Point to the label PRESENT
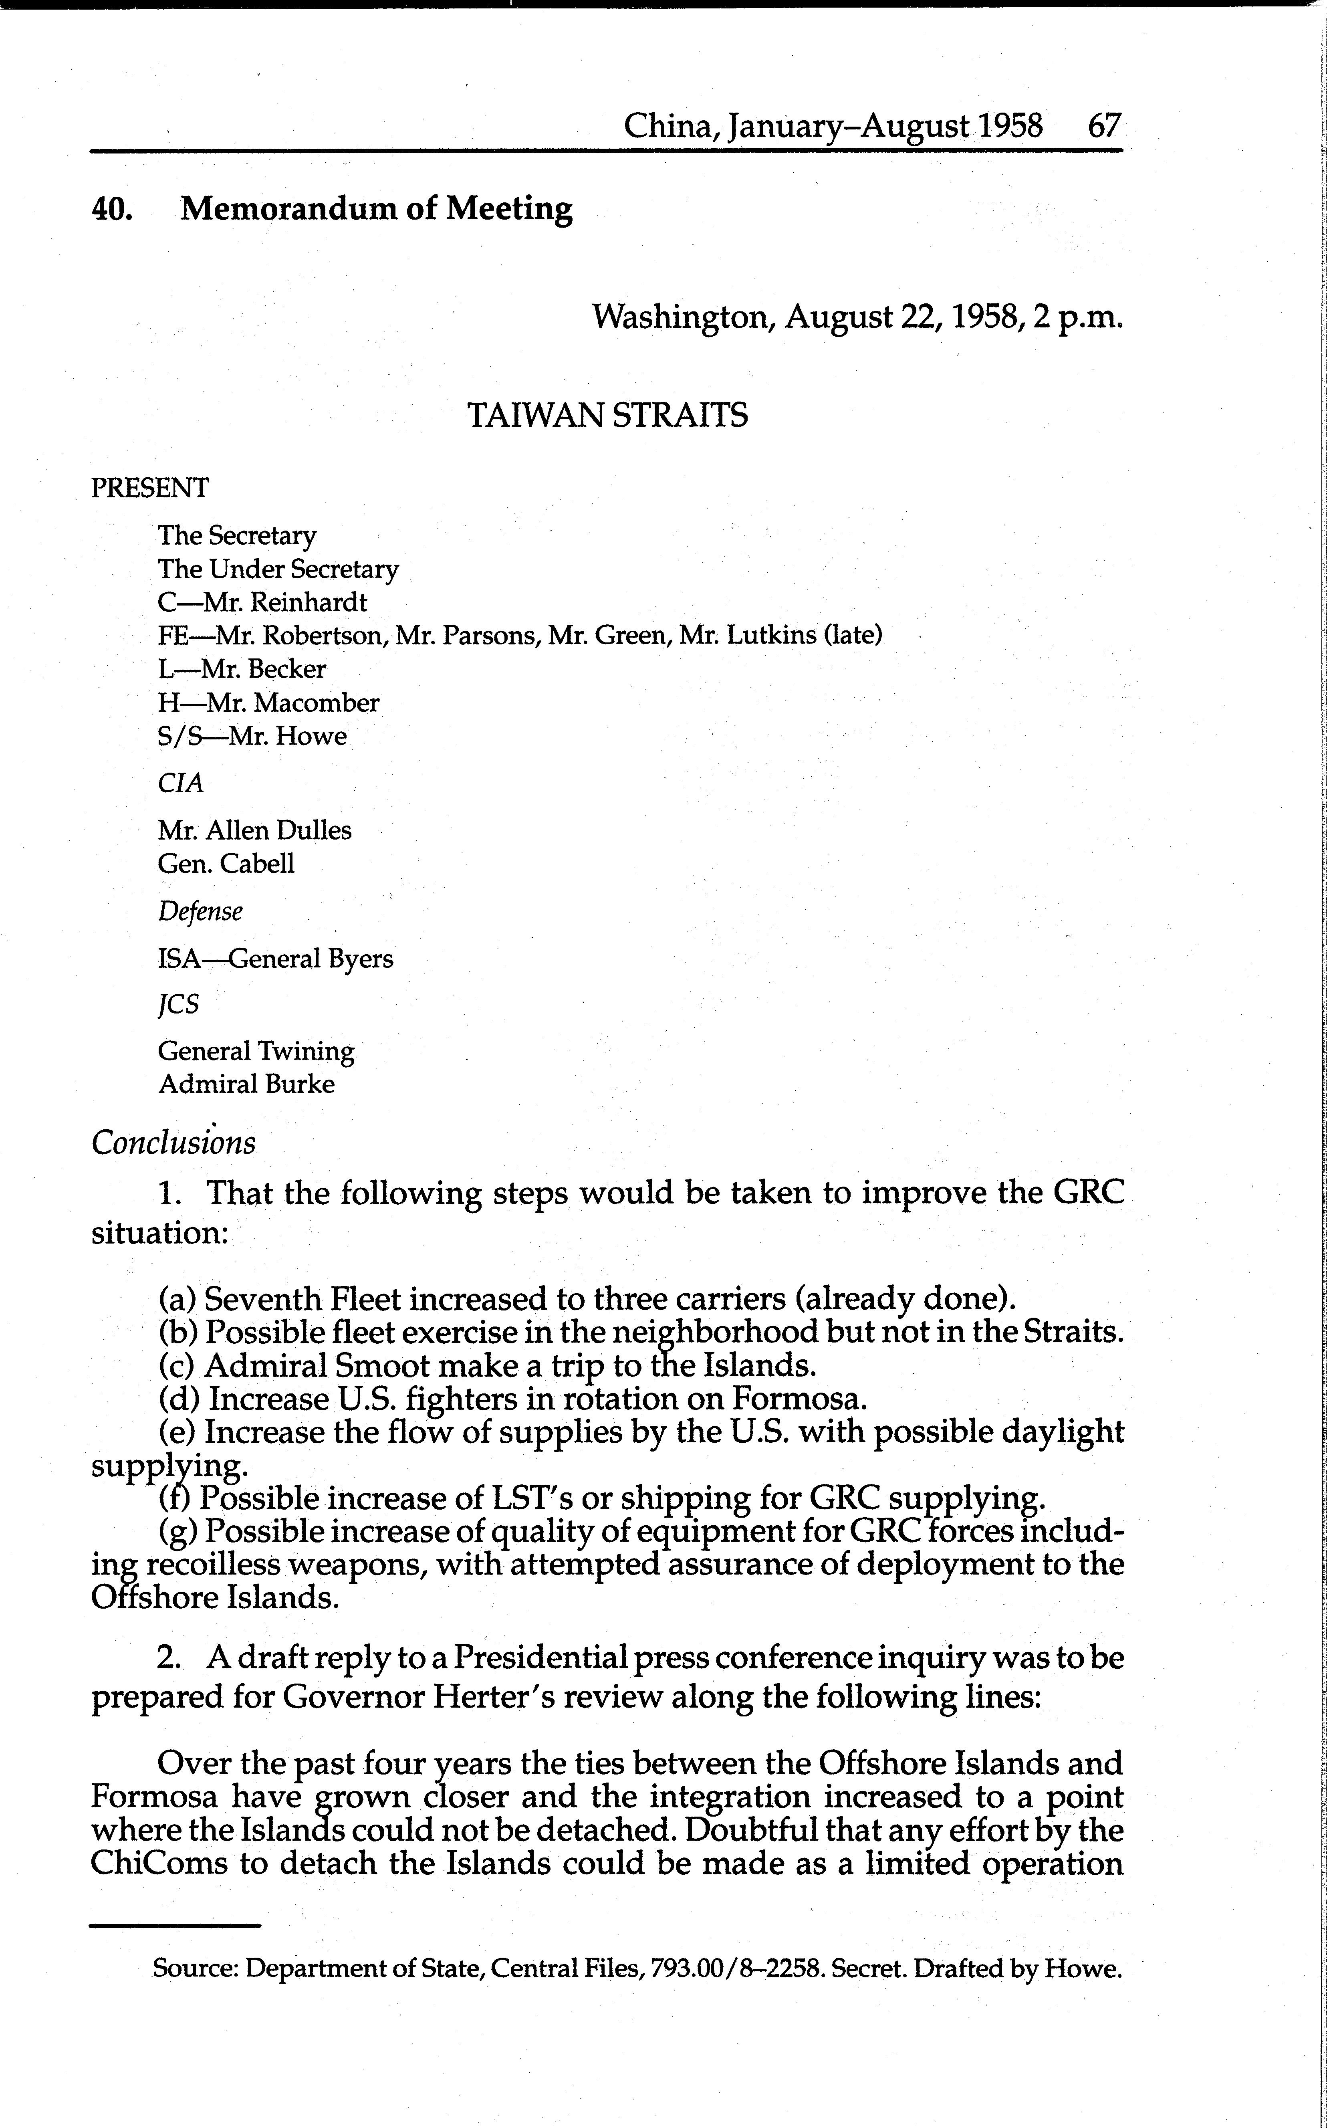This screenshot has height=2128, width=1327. click(x=150, y=488)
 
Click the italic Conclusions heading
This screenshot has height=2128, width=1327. click(x=174, y=1142)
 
